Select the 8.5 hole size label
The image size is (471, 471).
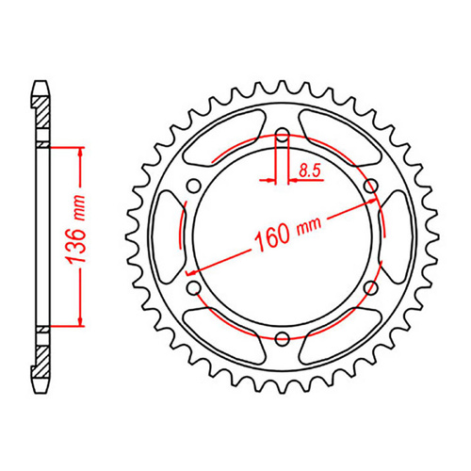pos(308,171)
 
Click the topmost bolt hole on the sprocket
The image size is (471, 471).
pos(282,138)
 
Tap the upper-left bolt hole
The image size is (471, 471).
pos(195,187)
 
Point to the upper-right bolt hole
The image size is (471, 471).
pos(368,187)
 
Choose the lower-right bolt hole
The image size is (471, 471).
pos(368,286)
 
